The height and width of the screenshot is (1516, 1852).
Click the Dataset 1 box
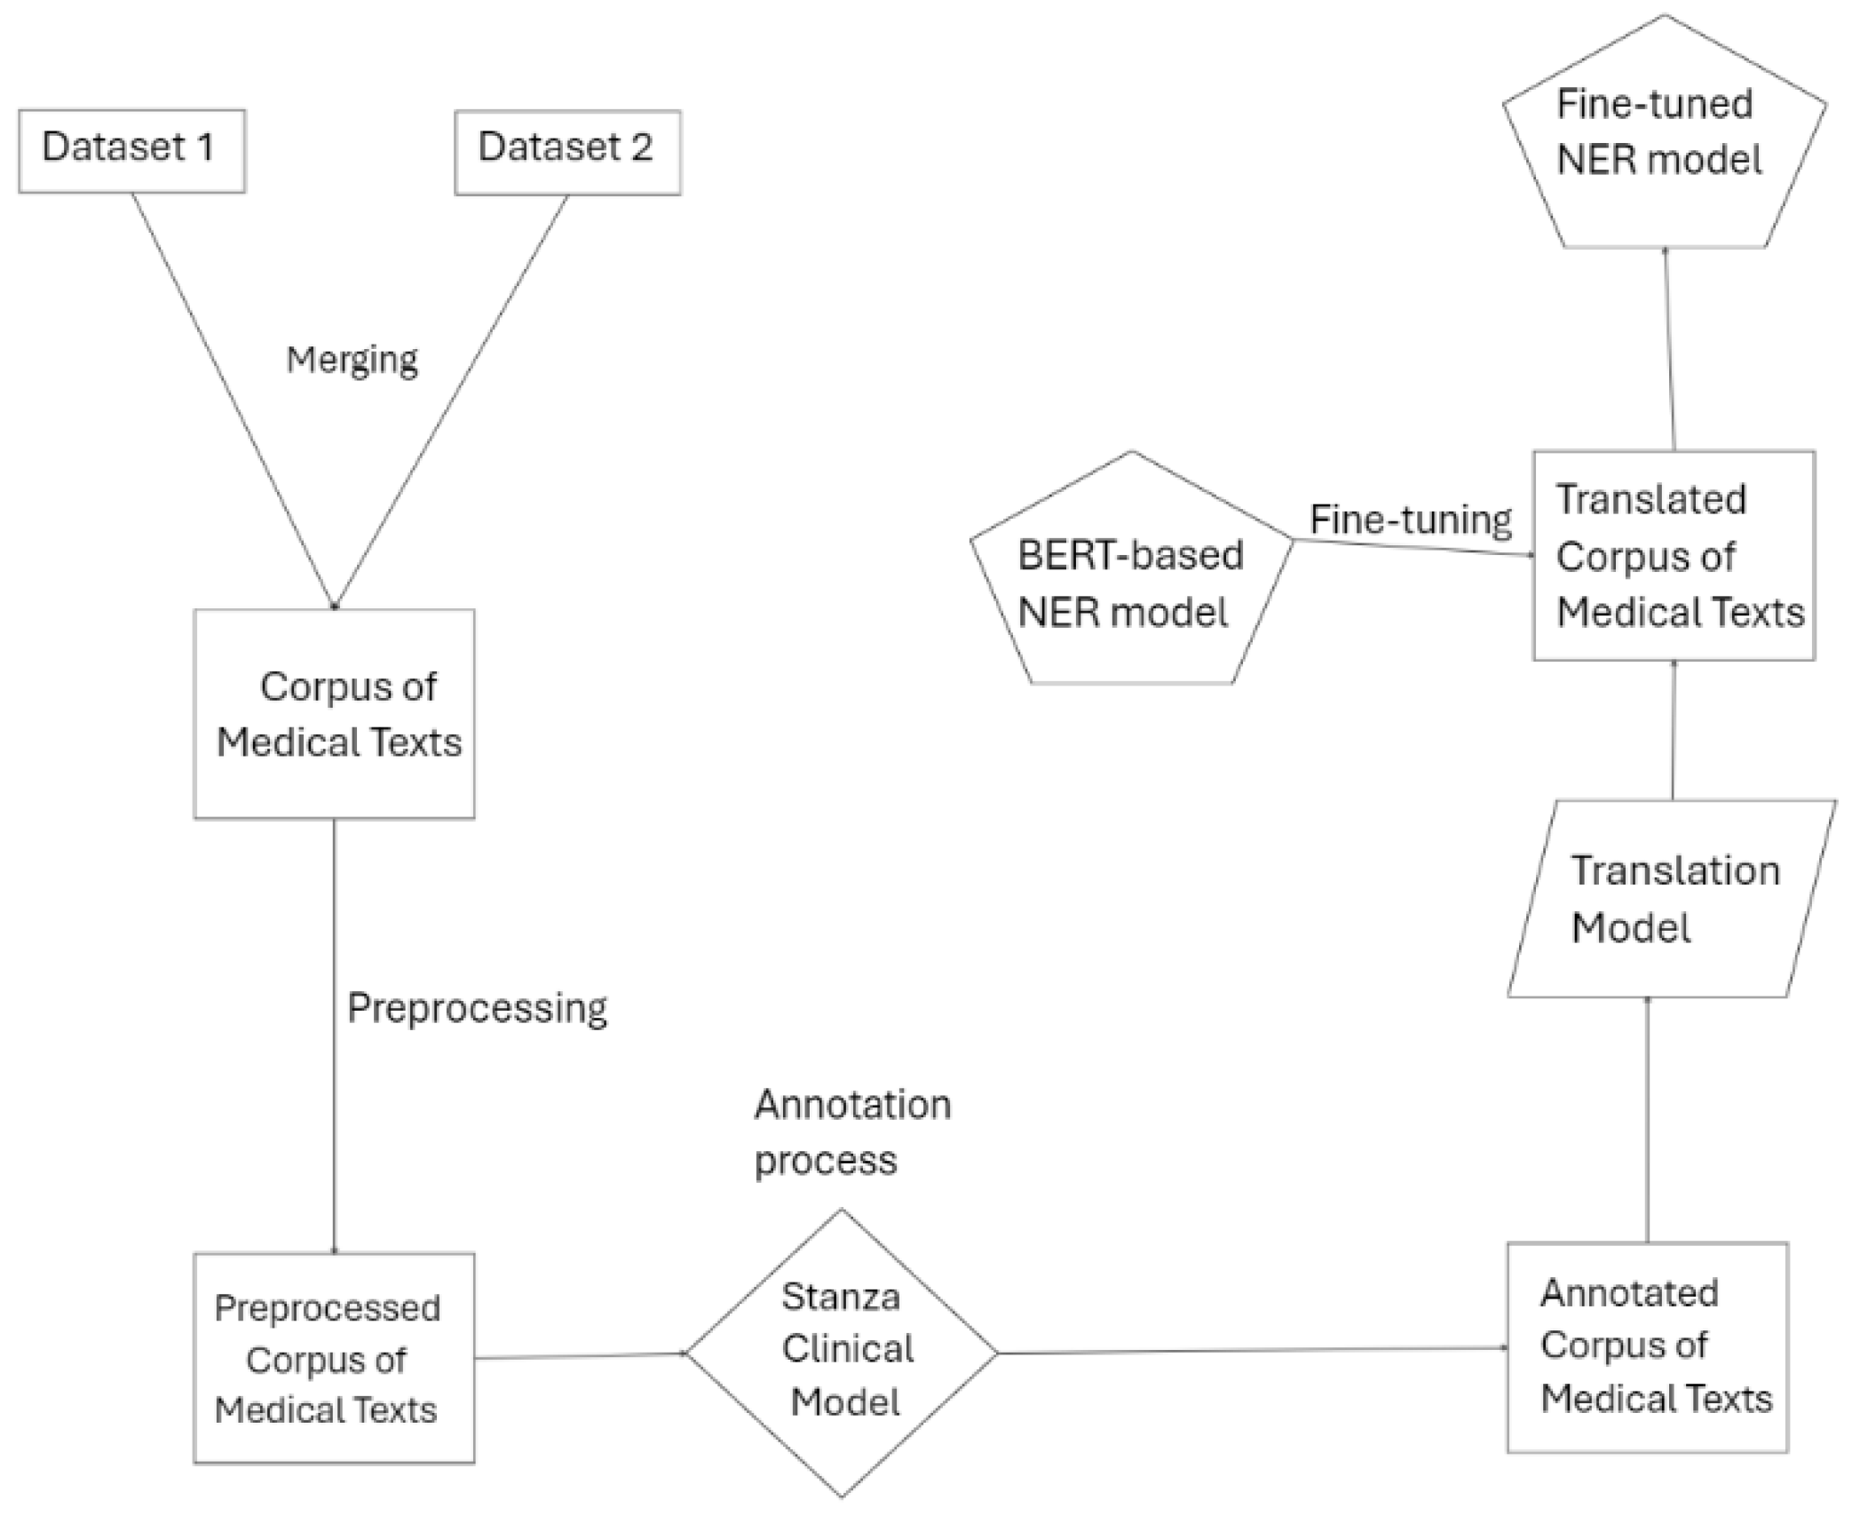131,150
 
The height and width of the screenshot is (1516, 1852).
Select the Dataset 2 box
567,151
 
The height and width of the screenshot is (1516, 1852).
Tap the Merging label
352,360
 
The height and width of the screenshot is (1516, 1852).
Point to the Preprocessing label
477,1008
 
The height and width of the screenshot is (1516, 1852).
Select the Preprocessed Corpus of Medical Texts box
334,1358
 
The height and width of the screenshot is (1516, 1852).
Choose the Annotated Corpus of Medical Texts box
1647,1346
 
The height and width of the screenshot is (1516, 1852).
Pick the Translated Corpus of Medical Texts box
1674,556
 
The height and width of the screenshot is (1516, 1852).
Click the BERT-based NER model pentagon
1129,577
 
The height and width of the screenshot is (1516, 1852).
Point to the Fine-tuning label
1410,520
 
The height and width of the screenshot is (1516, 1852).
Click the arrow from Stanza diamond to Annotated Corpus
1252,1350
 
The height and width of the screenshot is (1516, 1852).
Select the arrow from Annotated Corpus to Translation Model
1648,1119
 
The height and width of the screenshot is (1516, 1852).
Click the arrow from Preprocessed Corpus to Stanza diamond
579,1355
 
